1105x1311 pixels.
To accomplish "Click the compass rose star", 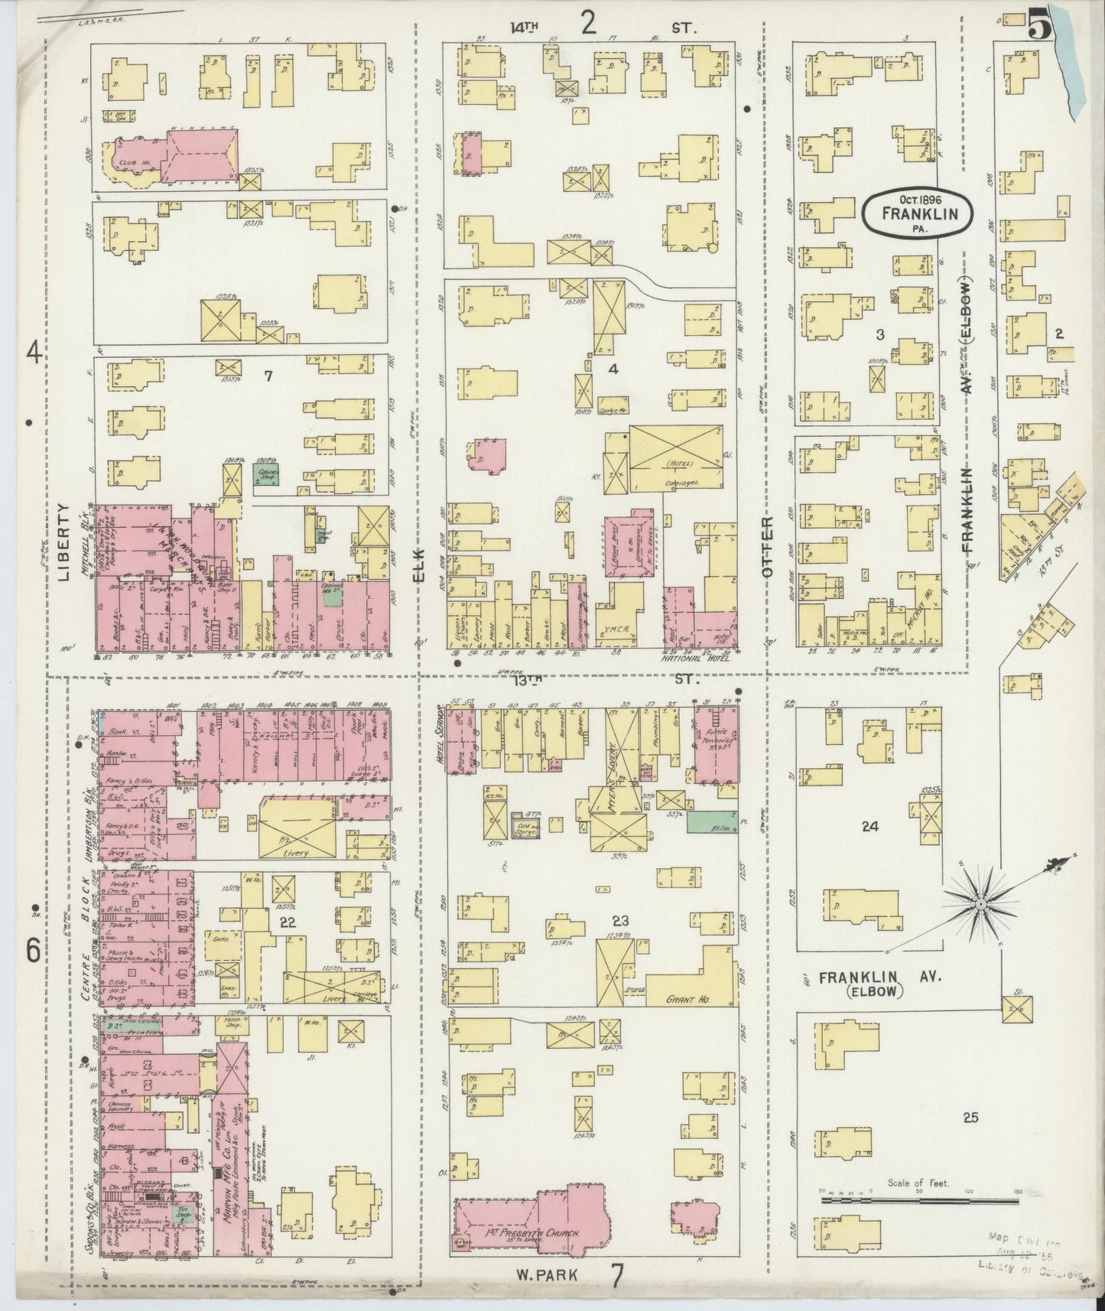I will [x=980, y=905].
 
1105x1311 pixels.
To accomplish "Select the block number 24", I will [x=869, y=826].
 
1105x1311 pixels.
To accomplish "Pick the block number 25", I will [x=970, y=1117].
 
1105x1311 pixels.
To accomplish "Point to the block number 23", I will [x=619, y=920].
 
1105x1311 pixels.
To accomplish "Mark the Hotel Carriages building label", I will [x=677, y=473].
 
